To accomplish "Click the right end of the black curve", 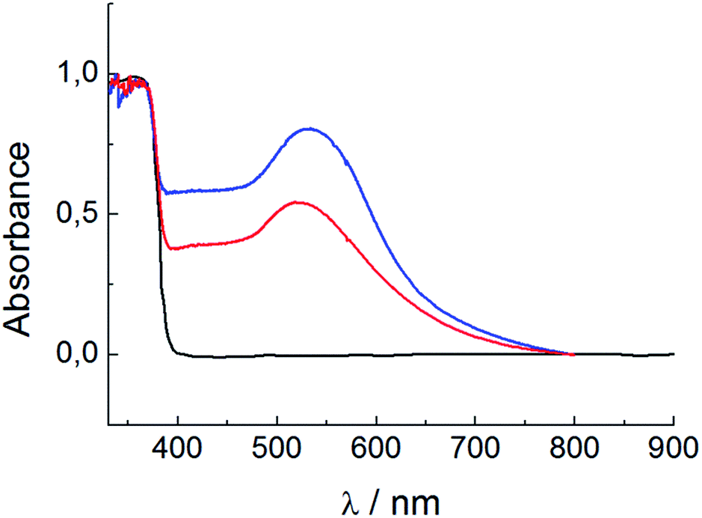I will coord(673,354).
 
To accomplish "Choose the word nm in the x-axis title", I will coord(416,499).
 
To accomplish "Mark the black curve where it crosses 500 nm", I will coord(277,355).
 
